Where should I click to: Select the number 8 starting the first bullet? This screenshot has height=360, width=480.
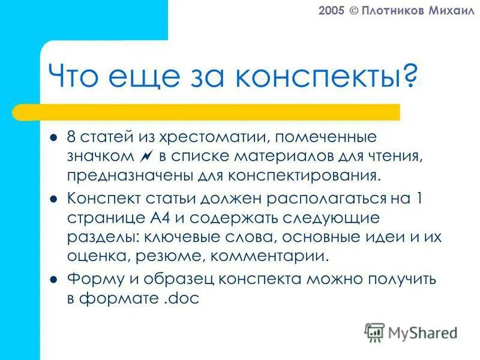[x=71, y=139]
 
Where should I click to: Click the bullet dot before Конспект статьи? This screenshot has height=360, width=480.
[x=53, y=198]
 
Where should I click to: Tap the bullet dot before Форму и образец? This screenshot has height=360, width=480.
[x=53, y=278]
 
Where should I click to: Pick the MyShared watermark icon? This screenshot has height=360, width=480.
[x=374, y=332]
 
